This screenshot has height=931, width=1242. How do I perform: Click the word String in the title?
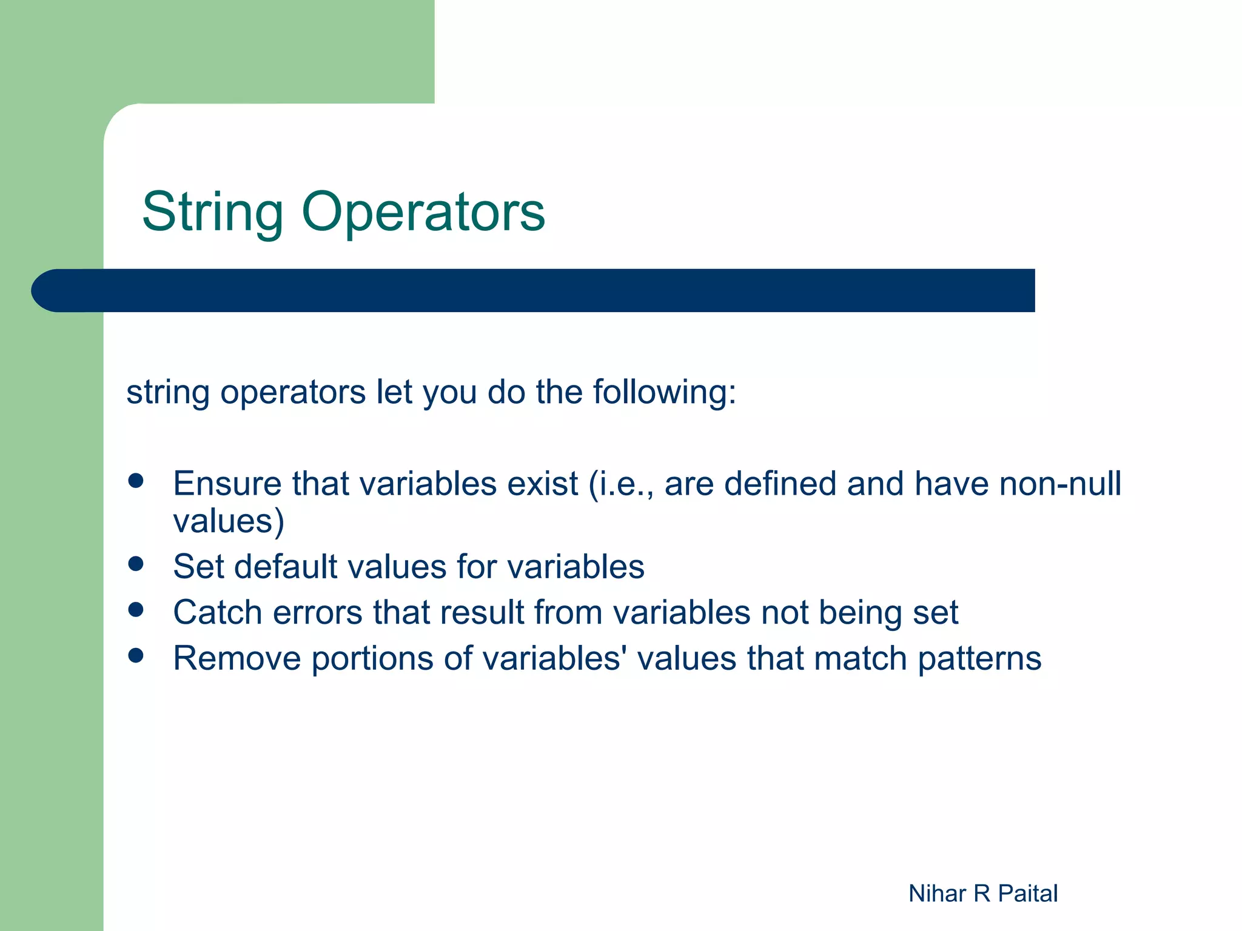tap(212, 212)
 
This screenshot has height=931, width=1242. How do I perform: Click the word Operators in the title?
tap(423, 212)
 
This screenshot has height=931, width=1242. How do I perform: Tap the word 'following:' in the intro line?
tap(664, 392)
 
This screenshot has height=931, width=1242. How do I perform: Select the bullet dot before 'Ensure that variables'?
tap(136, 481)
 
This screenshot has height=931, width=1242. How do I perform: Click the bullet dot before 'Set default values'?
tap(136, 564)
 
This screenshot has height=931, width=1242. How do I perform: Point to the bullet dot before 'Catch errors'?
tap(136, 610)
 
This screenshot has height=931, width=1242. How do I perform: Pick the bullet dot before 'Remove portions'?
tap(136, 655)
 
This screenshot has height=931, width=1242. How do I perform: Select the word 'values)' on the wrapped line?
tap(229, 521)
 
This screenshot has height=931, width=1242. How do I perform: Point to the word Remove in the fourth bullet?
tap(237, 658)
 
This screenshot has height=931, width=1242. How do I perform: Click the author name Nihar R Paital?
tap(982, 893)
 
